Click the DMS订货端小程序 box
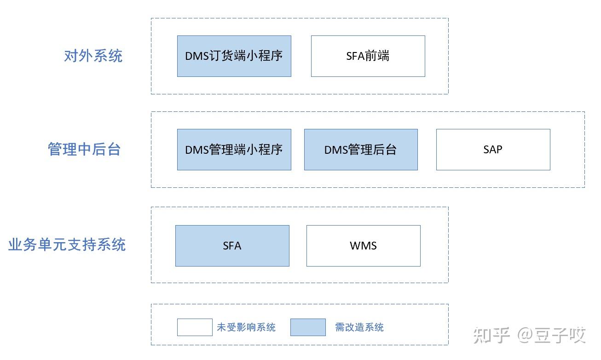click(234, 56)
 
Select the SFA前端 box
click(368, 56)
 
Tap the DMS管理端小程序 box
click(234, 150)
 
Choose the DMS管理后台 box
click(361, 150)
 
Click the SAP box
click(493, 150)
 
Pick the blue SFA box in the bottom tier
click(232, 246)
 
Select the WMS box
click(363, 246)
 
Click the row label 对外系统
click(93, 56)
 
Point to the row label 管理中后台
click(84, 150)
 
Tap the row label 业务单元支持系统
click(67, 244)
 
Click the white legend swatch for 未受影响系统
click(195, 327)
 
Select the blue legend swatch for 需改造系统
click(308, 327)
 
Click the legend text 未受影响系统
click(246, 327)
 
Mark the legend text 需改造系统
click(359, 327)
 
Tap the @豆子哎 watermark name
click(552, 335)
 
